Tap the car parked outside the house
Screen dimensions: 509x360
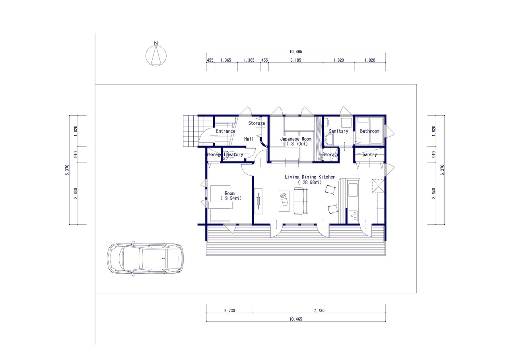coord(145,259)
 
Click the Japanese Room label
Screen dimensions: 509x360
coord(296,139)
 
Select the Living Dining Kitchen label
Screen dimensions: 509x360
coord(310,177)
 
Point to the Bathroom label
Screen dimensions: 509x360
coord(370,131)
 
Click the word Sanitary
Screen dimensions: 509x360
coord(338,131)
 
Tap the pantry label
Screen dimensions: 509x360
coord(370,155)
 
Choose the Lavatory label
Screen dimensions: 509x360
coord(233,155)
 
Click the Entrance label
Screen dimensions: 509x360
coord(225,131)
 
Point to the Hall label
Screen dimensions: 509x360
coord(249,139)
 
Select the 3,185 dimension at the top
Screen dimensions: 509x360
coord(295,60)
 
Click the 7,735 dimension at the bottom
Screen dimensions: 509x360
coord(319,310)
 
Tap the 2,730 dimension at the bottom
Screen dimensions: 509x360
coord(229,310)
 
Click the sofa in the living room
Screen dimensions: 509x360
coord(301,201)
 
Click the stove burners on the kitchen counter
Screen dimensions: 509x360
coord(353,216)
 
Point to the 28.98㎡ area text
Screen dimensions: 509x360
coord(310,182)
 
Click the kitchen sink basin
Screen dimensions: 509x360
coord(353,190)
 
